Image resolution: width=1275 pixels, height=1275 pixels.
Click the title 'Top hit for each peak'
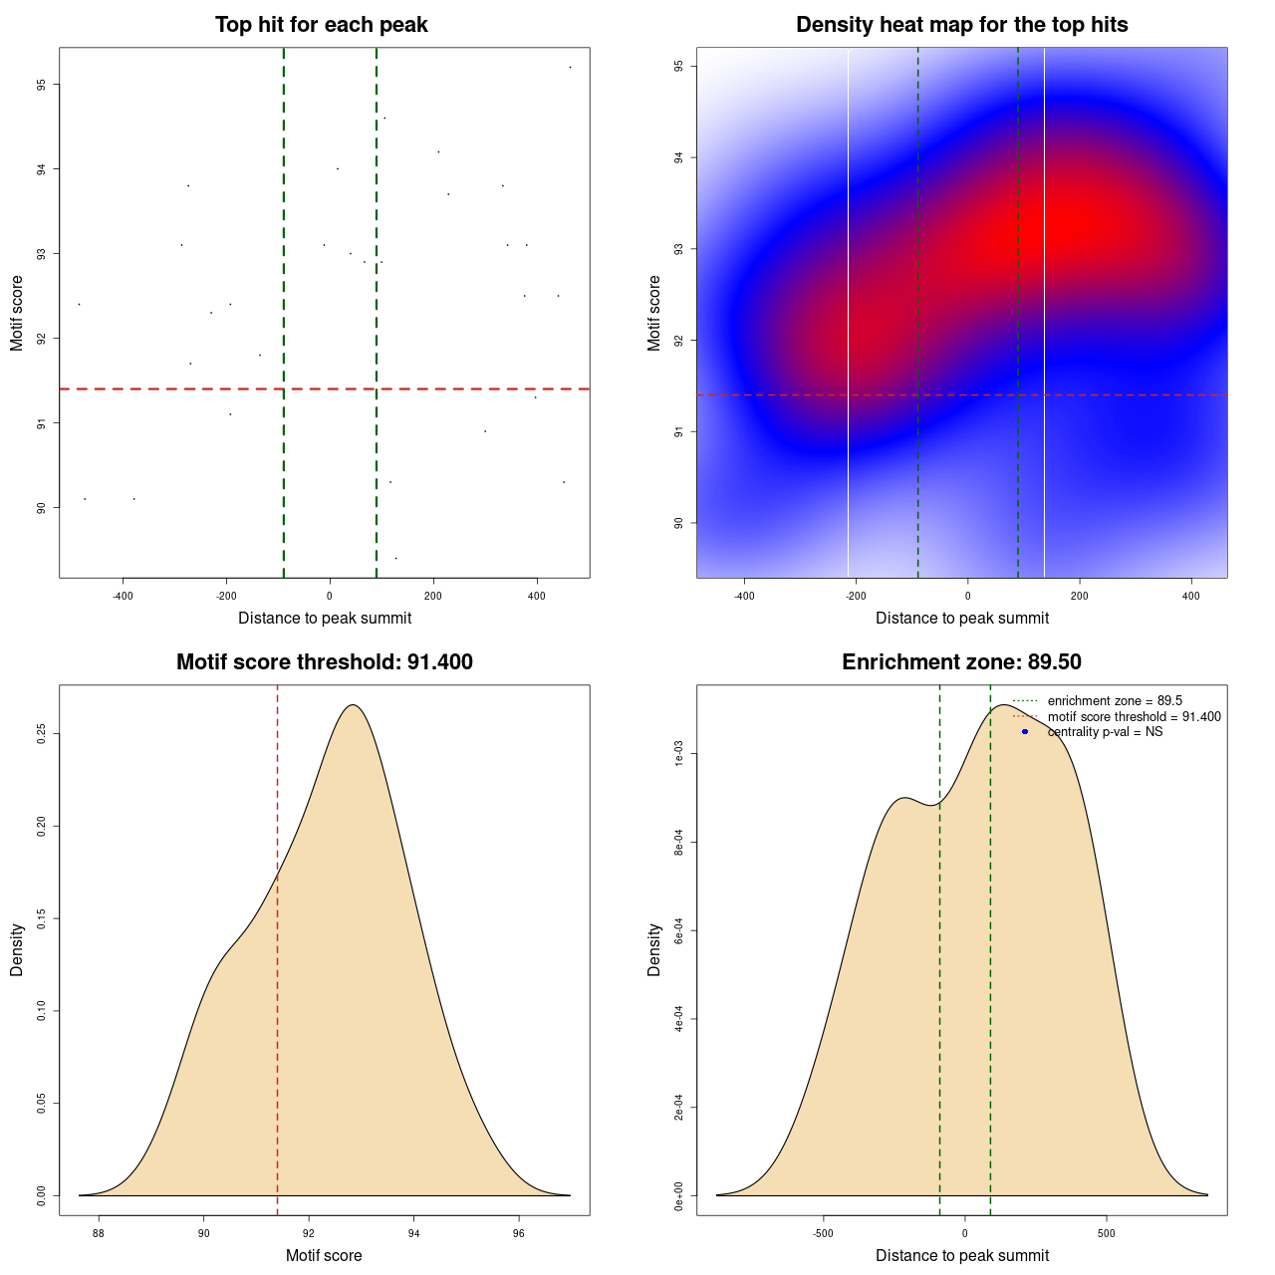[321, 25]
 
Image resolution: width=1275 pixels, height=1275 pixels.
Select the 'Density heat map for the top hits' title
[961, 25]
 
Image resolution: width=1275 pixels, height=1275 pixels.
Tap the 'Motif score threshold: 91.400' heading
[324, 662]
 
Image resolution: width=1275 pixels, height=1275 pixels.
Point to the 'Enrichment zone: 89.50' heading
[961, 662]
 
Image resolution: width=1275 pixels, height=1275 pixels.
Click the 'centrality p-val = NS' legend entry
[1105, 732]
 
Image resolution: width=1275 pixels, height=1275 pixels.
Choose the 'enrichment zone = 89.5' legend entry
[1115, 701]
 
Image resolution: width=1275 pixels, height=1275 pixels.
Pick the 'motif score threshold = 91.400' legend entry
[1134, 717]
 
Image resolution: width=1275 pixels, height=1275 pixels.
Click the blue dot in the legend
[1025, 732]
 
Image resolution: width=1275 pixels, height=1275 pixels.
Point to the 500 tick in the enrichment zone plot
[1106, 1234]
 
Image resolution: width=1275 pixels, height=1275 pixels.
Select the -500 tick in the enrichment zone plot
[823, 1234]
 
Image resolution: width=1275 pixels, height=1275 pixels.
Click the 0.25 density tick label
[41, 734]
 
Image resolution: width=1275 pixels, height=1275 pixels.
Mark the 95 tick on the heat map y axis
[678, 66]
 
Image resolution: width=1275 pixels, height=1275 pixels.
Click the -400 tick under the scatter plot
[124, 597]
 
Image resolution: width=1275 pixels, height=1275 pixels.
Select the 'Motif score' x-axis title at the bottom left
[324, 1256]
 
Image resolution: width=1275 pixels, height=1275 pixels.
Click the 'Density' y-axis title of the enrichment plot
[654, 949]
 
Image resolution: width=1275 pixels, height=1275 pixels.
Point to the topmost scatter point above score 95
[570, 67]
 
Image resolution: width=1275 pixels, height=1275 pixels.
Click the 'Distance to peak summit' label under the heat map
[961, 619]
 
